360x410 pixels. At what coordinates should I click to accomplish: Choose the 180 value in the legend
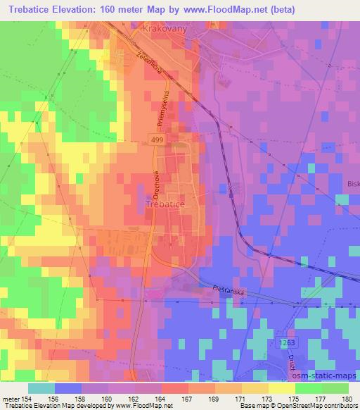coord(347,398)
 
